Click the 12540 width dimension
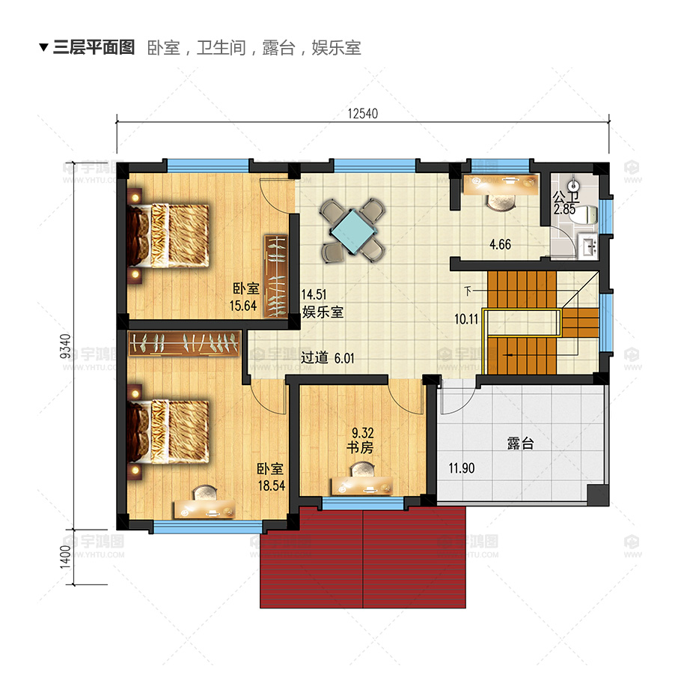click(363, 114)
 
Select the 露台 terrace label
click(520, 444)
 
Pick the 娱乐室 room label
click(323, 312)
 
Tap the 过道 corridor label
click(315, 358)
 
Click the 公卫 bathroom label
click(564, 198)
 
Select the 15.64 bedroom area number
click(244, 305)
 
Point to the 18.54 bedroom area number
click(270, 485)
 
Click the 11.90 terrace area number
click(461, 469)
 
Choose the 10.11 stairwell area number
click(466, 318)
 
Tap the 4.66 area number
click(501, 244)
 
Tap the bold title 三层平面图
click(94, 48)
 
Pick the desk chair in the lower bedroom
click(204, 493)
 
